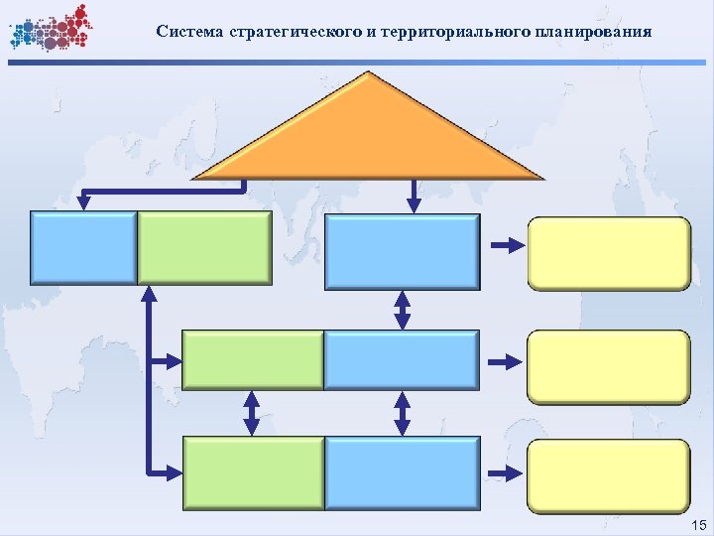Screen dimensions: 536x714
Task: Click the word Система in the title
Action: pos(189,31)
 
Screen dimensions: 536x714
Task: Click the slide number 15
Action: pos(697,523)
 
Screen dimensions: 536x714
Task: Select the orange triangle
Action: pos(369,134)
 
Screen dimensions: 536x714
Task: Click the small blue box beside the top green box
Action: pos(84,248)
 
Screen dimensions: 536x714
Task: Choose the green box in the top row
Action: pos(203,248)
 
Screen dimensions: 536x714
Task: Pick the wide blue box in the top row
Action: pos(402,250)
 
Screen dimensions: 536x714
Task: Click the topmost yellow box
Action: pos(608,251)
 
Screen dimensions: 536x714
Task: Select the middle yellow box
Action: pos(608,366)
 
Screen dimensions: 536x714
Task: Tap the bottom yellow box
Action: pos(608,475)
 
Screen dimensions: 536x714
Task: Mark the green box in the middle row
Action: pos(253,359)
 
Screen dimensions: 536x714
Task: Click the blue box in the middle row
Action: pos(402,359)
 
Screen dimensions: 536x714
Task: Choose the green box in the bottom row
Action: pos(253,473)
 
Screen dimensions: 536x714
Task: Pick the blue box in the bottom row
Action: pos(402,473)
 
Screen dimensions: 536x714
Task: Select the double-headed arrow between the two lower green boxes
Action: pos(252,412)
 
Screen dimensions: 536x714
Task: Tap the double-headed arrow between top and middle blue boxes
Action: pos(403,309)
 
